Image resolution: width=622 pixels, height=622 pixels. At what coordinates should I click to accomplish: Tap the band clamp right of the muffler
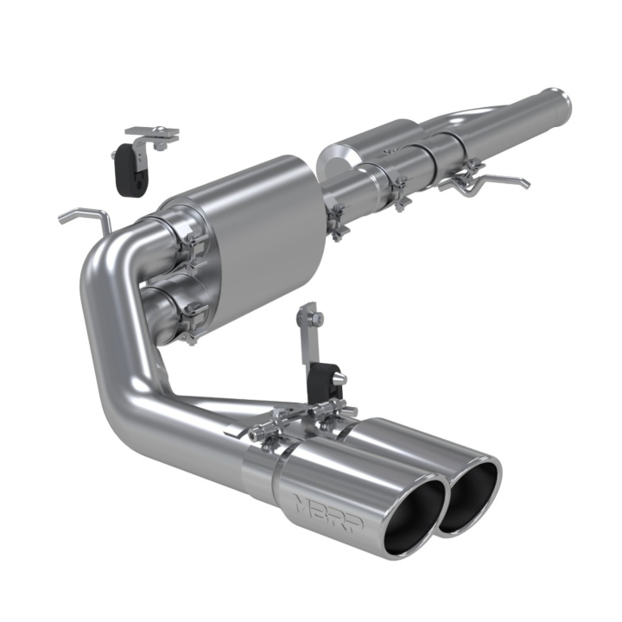pyautogui.click(x=335, y=221)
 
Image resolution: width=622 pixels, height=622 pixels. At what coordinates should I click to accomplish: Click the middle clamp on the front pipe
pyautogui.click(x=399, y=192)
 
